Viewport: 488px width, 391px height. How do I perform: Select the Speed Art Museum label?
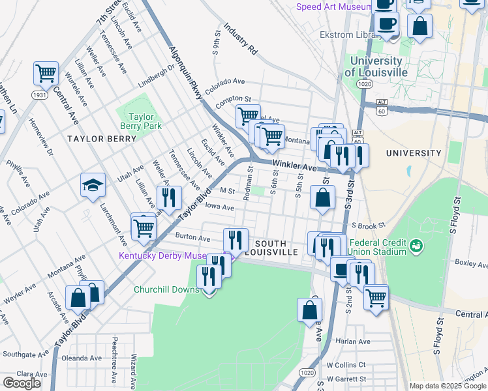[334, 7]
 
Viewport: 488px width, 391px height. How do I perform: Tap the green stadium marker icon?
[416, 246]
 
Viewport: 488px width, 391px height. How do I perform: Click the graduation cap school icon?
[93, 186]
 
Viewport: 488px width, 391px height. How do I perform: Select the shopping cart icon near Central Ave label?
[46, 74]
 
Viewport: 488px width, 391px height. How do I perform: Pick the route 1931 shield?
[40, 95]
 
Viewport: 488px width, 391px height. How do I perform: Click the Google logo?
[22, 383]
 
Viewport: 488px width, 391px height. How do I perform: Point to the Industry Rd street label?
[241, 39]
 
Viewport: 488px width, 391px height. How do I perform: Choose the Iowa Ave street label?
[219, 207]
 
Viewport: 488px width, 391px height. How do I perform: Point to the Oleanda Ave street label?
[82, 358]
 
